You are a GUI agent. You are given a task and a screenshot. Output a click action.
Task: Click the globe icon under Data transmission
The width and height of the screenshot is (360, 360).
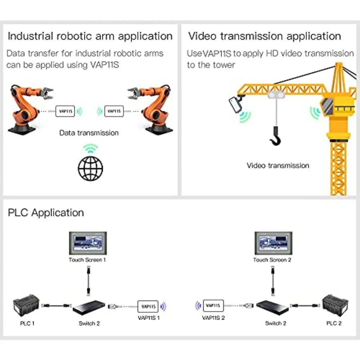[90, 168]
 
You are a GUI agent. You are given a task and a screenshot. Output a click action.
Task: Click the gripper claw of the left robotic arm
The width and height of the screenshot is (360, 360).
[47, 93]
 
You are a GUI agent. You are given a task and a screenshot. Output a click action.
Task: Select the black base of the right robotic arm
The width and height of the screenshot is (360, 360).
[159, 130]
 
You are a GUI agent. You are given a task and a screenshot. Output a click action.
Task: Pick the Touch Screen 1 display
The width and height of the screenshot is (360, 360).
[88, 243]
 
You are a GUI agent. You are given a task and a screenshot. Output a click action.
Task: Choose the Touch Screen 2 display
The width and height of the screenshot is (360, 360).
[274, 243]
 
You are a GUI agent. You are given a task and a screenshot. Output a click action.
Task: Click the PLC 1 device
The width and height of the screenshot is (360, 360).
[26, 306]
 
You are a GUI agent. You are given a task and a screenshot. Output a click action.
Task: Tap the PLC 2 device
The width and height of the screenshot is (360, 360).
[335, 306]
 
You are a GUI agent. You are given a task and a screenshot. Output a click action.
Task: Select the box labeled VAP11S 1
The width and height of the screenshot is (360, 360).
[148, 306]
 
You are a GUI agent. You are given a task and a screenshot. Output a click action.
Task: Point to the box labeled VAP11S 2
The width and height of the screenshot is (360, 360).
[213, 306]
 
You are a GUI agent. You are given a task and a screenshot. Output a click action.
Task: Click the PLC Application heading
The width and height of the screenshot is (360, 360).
[46, 213]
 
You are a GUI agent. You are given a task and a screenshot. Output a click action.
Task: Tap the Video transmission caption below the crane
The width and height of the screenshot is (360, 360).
[278, 166]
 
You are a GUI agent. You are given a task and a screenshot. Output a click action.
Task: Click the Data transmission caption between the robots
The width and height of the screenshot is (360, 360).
[89, 133]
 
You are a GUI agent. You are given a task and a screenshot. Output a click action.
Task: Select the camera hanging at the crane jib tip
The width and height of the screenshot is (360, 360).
[236, 105]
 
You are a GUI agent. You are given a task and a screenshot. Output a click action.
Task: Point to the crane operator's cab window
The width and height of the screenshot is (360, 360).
[328, 106]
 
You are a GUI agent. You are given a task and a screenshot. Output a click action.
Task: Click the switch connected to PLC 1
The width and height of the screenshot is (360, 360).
[89, 308]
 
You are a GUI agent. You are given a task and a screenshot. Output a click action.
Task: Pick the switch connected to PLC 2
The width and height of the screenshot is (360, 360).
[272, 308]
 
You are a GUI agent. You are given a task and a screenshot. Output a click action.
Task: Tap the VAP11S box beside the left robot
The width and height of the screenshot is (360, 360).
[65, 111]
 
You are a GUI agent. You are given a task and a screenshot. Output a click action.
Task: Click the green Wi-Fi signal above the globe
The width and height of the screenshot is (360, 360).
[90, 148]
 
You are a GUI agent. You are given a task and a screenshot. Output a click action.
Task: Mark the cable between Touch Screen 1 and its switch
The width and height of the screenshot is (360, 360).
[89, 280]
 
